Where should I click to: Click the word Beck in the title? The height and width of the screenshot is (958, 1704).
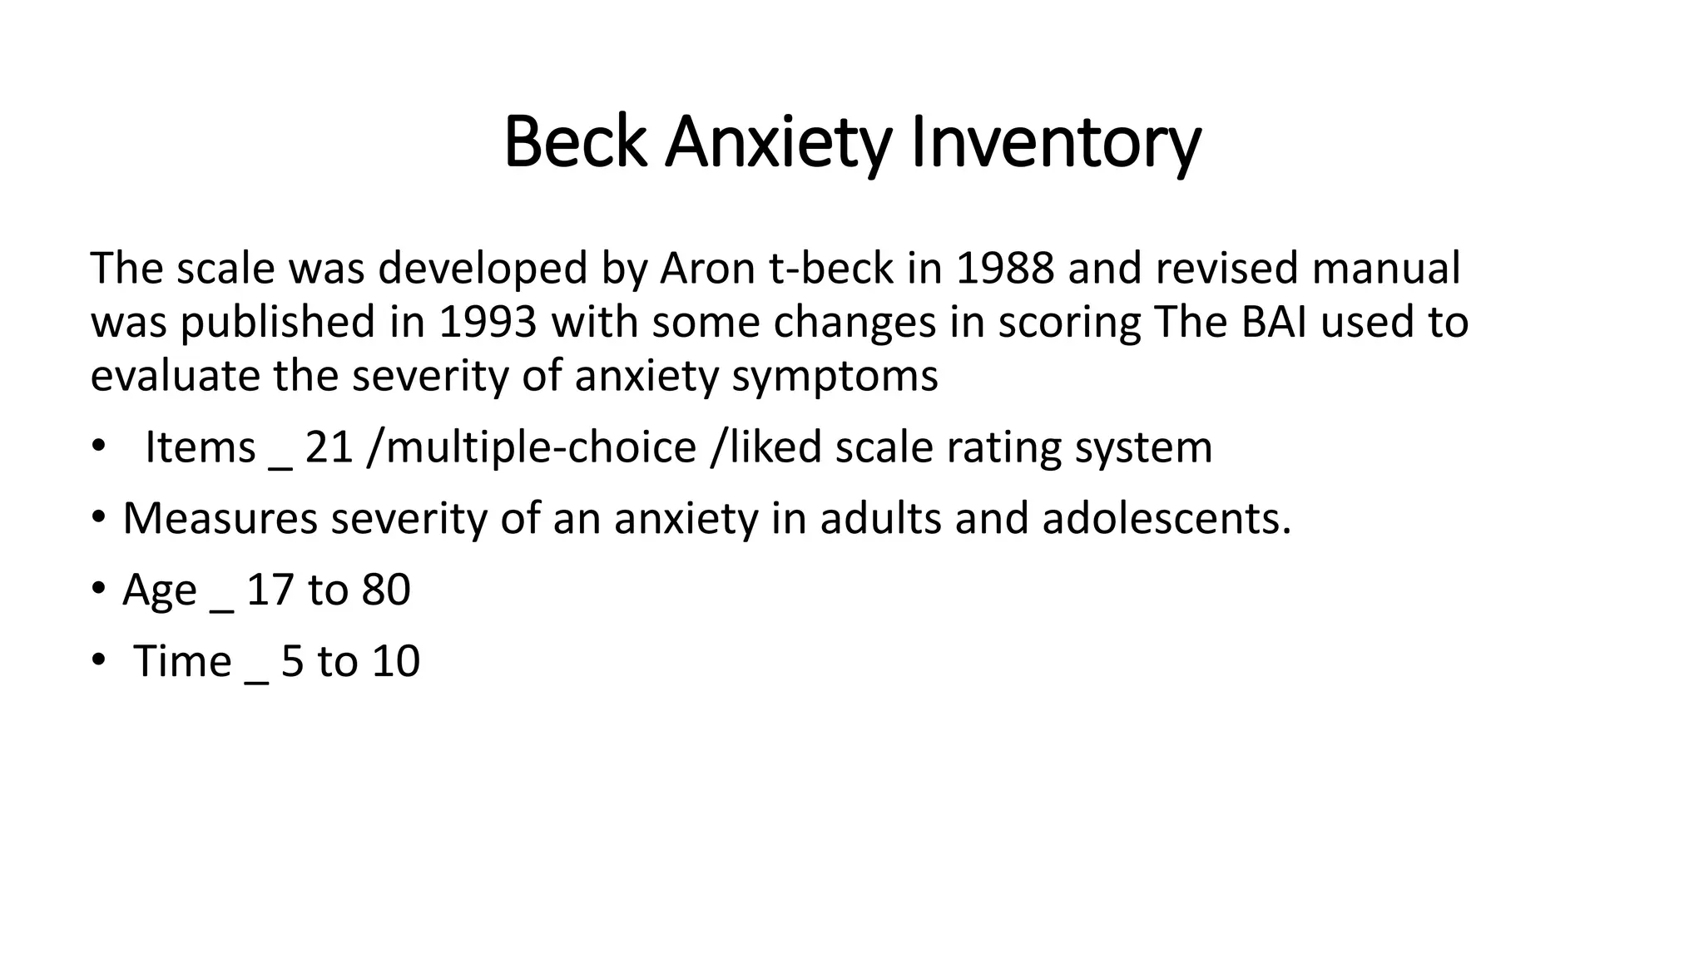tap(575, 143)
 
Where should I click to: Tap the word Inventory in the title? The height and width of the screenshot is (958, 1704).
tap(1057, 143)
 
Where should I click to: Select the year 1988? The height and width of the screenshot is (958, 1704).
tap(1005, 269)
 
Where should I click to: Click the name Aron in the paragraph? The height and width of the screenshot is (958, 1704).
tap(709, 269)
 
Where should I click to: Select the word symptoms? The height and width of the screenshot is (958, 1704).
tap(835, 377)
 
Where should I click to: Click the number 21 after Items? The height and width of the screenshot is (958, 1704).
tap(329, 447)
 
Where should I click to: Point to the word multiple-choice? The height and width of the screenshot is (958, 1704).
tap(541, 447)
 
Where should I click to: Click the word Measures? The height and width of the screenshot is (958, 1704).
tap(220, 518)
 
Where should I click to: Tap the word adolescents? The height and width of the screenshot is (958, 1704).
tap(1166, 518)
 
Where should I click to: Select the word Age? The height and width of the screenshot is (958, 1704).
tap(160, 590)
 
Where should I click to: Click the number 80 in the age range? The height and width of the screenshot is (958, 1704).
tap(386, 590)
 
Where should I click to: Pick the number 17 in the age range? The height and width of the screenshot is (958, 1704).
tap(270, 590)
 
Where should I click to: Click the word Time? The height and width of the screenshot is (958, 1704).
tap(182, 661)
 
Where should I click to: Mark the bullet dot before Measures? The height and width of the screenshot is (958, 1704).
tap(99, 518)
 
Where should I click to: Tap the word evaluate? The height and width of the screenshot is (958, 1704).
tap(176, 377)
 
